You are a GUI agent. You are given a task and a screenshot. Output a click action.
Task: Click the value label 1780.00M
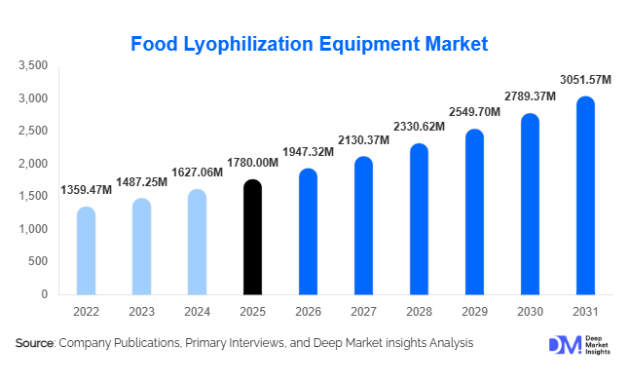coord(252,163)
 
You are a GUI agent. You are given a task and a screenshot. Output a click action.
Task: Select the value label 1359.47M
coord(86,190)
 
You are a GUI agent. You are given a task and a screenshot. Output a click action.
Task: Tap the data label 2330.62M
coord(419,127)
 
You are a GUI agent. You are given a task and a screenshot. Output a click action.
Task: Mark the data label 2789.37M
coord(530,96)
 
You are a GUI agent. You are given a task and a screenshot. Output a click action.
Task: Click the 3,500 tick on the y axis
coord(33,65)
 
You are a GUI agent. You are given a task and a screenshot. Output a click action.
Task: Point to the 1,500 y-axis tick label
coord(33,196)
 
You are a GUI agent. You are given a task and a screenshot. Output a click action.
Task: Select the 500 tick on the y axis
coord(37,261)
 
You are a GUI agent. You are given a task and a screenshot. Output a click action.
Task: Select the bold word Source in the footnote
coord(35,343)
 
